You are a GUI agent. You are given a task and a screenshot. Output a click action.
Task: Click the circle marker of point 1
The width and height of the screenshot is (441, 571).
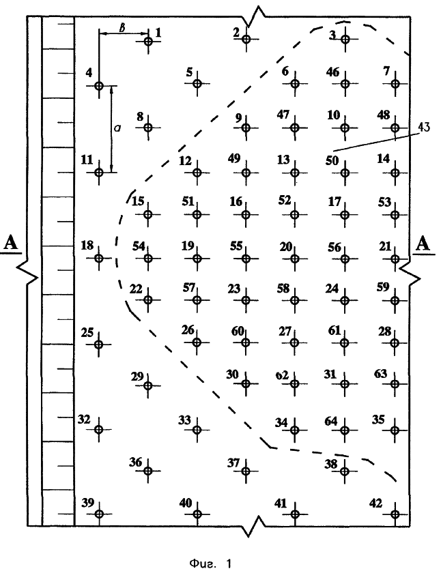click(x=148, y=41)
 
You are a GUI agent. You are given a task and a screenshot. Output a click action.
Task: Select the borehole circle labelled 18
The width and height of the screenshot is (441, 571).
click(x=99, y=258)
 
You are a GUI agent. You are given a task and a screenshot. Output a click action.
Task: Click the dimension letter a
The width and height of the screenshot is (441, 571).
click(x=117, y=128)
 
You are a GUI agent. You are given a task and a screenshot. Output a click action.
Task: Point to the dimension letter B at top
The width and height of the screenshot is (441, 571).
click(x=122, y=27)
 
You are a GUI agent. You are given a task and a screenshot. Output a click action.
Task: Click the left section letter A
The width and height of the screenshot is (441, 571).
click(x=11, y=242)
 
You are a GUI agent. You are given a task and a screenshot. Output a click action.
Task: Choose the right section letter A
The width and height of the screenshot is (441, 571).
click(x=423, y=244)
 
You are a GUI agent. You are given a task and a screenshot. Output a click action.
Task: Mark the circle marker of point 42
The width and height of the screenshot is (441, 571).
click(x=395, y=514)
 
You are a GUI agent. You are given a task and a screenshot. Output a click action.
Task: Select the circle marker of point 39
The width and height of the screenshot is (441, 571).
click(x=99, y=514)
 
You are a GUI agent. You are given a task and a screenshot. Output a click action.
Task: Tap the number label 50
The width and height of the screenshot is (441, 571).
click(x=332, y=160)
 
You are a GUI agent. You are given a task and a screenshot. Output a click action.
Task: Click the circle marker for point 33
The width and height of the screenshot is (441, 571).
click(x=197, y=430)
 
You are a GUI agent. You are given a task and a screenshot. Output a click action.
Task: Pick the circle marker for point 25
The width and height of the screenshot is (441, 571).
click(x=99, y=344)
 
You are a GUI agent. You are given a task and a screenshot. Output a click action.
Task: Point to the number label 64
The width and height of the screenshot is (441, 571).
click(x=331, y=421)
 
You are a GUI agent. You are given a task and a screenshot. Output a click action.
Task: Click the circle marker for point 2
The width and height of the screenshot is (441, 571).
click(x=246, y=39)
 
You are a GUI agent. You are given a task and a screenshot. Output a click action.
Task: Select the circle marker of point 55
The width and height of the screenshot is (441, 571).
click(x=246, y=259)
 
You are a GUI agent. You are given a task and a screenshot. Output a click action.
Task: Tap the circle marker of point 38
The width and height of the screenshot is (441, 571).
click(x=345, y=471)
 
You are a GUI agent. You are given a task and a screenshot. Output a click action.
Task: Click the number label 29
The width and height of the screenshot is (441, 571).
click(x=137, y=376)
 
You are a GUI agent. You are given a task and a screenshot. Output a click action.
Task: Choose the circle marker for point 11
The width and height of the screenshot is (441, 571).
click(x=99, y=172)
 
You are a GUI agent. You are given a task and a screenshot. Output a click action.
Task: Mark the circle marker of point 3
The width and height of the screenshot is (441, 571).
click(x=345, y=39)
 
